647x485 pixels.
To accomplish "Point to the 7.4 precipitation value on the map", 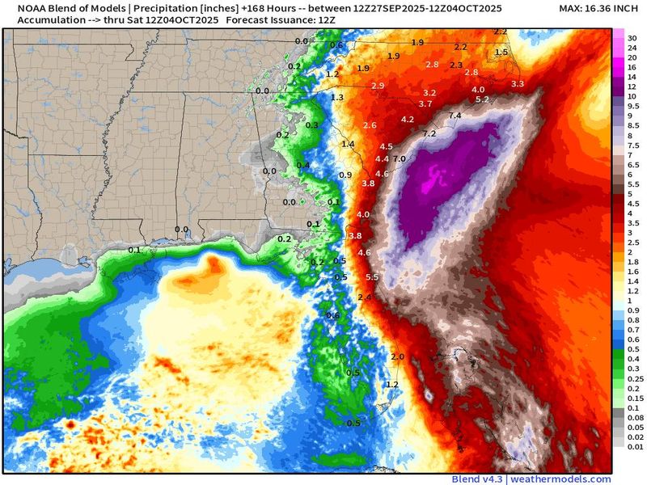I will pos(455,116).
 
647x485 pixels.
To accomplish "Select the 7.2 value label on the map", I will pos(429,133).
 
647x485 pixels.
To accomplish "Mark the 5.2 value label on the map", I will pos(482,99).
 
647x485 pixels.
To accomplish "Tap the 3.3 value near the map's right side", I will pos(518,83).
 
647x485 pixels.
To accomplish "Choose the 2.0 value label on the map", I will pos(397,356).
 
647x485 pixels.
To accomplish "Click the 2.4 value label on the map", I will pos(364,297).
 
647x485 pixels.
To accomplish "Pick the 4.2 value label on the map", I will pos(408,120).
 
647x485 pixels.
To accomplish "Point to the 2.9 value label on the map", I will pos(378,86).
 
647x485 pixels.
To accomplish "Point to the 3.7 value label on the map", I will pos(425,104).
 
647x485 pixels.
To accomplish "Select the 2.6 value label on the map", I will pos(370,125).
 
